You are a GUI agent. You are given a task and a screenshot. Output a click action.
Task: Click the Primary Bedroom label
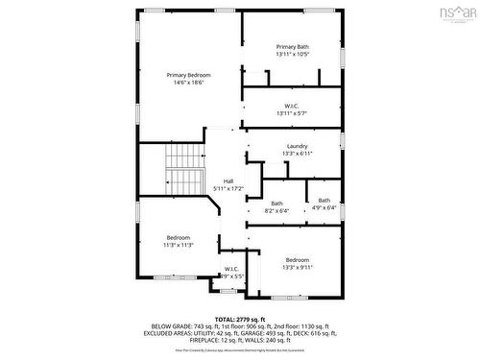coord(188,75)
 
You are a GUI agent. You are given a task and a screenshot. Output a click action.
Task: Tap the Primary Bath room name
coord(293,47)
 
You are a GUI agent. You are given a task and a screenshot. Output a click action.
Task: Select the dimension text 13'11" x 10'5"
coord(293,55)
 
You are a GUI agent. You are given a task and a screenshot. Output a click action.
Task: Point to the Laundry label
coord(297,146)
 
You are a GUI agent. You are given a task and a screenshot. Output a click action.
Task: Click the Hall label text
coord(228,180)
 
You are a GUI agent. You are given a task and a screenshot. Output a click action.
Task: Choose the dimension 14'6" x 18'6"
coord(188,84)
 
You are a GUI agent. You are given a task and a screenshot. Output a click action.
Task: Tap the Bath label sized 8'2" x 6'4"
coord(276,203)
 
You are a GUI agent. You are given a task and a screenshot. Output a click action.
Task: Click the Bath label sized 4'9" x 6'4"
coord(324,200)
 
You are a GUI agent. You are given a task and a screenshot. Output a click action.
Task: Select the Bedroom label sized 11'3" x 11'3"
coord(179,237)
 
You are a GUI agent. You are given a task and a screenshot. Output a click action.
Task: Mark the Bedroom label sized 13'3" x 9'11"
coord(298,259)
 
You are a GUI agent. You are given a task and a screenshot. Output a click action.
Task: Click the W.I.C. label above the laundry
coord(293,106)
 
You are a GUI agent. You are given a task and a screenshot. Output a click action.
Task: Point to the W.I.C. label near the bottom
coord(231,269)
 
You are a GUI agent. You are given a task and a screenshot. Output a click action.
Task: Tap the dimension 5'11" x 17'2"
coord(228,188)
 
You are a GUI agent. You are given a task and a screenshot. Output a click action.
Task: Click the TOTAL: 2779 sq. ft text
coord(239,318)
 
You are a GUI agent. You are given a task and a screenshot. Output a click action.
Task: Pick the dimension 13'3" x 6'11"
coord(297,154)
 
